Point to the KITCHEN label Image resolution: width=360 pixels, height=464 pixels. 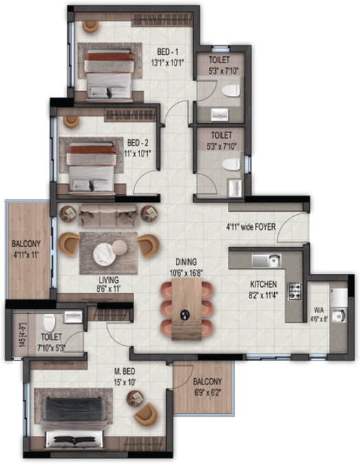point(263,283)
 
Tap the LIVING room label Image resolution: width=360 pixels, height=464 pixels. point(109,280)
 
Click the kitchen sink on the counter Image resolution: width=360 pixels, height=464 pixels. point(266,260)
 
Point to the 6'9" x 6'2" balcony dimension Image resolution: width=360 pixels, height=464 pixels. point(207,393)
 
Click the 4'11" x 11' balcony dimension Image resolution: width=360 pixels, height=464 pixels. point(25,254)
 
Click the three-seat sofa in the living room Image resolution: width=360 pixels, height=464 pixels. point(106,216)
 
